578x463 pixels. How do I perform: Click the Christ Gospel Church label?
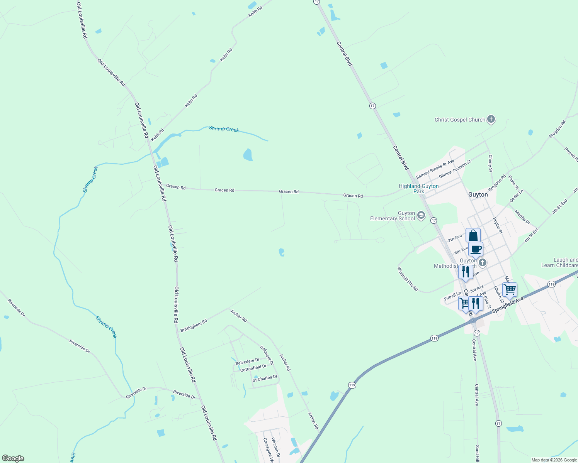click(459, 120)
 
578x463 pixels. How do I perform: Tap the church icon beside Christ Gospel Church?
click(491, 119)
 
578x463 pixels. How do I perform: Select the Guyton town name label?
click(478, 194)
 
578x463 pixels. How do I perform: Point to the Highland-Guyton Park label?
click(418, 189)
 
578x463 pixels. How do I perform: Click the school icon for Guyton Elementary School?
click(421, 215)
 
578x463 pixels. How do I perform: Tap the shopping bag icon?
click(473, 235)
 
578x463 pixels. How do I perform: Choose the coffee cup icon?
click(476, 249)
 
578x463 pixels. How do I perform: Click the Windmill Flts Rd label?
click(408, 279)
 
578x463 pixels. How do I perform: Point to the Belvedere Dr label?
click(247, 362)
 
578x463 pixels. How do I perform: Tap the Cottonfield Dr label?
click(253, 368)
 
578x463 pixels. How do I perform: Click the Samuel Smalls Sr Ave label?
click(435, 169)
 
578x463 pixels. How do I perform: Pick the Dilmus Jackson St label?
click(455, 169)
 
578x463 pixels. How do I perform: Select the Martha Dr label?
click(522, 217)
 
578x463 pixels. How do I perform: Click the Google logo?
click(13, 458)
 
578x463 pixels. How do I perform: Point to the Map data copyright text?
click(554, 460)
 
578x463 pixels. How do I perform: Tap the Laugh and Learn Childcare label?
click(559, 262)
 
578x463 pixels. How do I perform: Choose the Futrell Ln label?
click(452, 296)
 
